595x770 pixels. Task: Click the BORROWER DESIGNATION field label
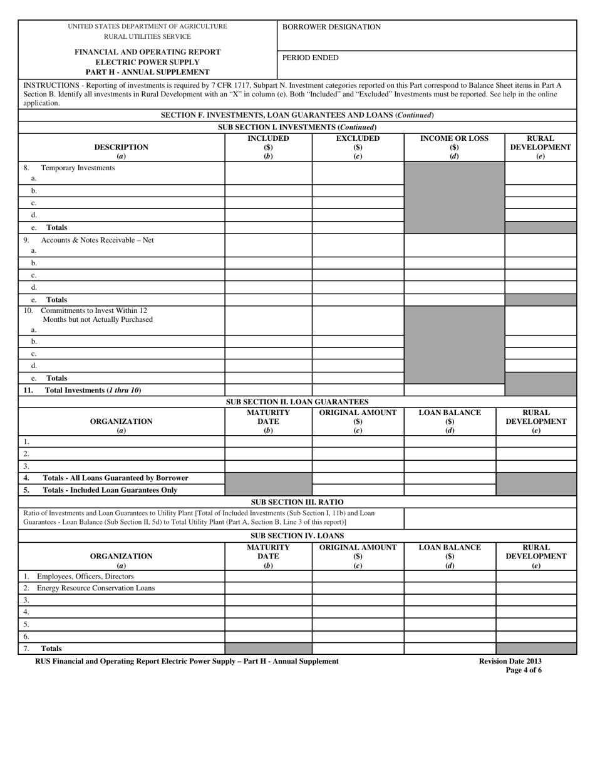tap(331, 27)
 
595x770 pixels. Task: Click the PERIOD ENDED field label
tap(310, 58)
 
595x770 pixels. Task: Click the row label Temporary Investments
tap(78, 168)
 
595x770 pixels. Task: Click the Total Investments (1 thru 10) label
tap(93, 390)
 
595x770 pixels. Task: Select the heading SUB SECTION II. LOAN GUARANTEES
tap(297, 402)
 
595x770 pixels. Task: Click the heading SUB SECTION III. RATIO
tap(297, 502)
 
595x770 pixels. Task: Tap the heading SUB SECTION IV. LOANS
tap(297, 536)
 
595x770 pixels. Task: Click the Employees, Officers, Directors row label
tap(85, 576)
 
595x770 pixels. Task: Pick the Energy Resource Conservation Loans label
tap(95, 588)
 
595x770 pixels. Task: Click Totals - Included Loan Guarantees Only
tap(110, 490)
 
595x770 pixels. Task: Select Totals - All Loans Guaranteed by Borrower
tap(115, 478)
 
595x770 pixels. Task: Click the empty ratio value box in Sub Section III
tap(490, 518)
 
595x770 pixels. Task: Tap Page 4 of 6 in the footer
tap(524, 670)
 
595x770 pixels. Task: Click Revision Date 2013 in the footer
tap(510, 661)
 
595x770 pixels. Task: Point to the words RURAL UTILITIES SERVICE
tap(147, 36)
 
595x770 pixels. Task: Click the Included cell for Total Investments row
tap(268, 390)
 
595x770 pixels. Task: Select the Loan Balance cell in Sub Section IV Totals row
tap(450, 649)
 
